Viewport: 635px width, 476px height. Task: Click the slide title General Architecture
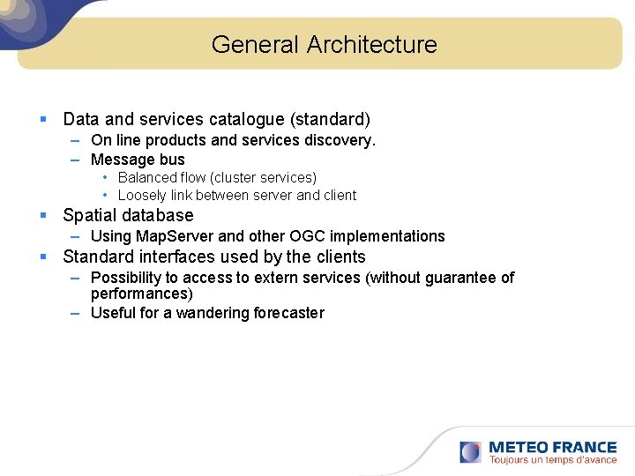coord(324,44)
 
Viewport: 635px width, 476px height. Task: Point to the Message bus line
coord(138,160)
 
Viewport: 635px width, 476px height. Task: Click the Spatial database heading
coord(128,215)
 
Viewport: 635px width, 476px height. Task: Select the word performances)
coord(141,294)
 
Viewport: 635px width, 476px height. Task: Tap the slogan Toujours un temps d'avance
coord(552,460)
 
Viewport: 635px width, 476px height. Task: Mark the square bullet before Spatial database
coord(42,215)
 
